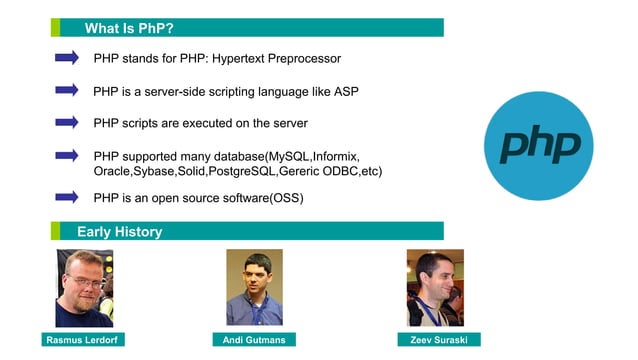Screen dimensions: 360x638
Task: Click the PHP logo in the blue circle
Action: click(539, 144)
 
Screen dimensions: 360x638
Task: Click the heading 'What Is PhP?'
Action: click(130, 27)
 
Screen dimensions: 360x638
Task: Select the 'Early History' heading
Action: click(119, 232)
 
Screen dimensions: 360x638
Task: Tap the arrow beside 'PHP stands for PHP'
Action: click(66, 58)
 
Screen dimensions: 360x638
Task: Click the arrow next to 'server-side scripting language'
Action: click(66, 90)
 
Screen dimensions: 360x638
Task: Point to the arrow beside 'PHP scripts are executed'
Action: click(66, 122)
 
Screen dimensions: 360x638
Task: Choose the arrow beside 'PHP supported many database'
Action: click(66, 155)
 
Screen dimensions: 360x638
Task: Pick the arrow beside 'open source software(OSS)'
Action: click(66, 197)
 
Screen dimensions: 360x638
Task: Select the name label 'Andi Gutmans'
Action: click(255, 340)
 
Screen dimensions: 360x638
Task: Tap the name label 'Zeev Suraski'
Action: click(438, 340)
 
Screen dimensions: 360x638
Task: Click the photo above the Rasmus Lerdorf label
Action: click(84, 288)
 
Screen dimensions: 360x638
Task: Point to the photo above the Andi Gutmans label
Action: click(254, 287)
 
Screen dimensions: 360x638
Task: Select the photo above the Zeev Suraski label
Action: click(434, 287)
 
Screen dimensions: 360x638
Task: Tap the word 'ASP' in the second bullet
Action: click(346, 91)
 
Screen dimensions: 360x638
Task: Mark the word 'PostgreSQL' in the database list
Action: click(242, 172)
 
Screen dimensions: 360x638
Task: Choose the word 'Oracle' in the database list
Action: click(111, 172)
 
